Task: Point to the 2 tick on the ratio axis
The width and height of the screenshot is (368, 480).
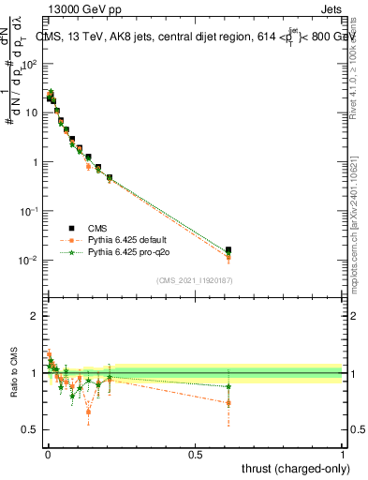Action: coord(36,316)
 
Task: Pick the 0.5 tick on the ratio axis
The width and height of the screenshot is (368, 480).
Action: coord(32,430)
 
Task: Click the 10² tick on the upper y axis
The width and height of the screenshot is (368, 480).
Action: coord(30,64)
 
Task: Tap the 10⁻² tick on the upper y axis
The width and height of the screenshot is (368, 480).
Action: coord(30,260)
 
